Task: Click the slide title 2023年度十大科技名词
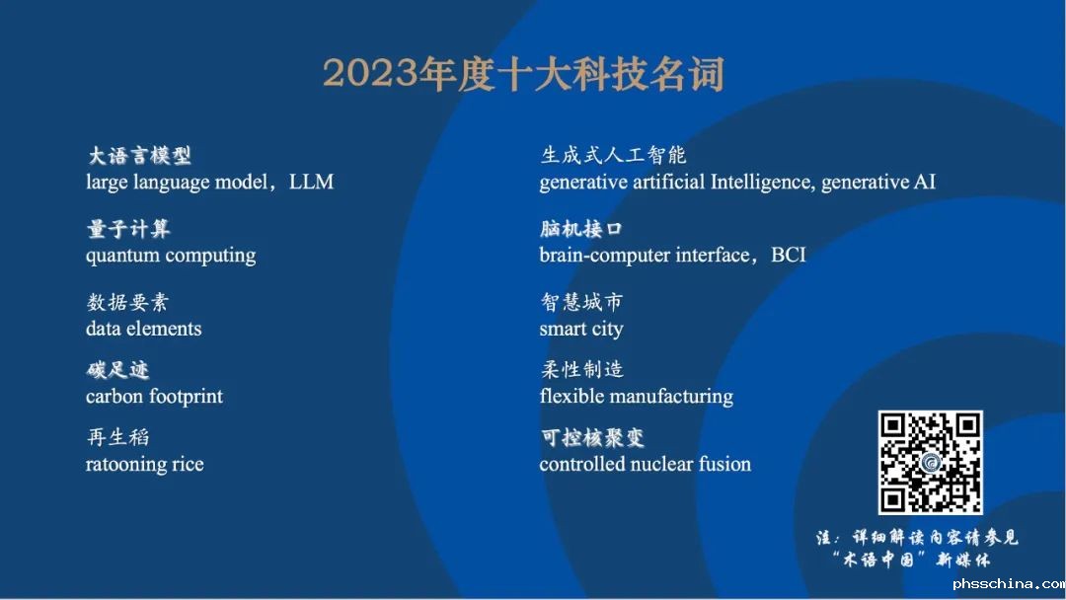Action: coord(523,73)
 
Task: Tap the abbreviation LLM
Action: coord(311,183)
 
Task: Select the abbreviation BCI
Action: coord(789,255)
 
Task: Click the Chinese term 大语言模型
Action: coord(139,156)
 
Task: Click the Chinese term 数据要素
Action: coord(127,302)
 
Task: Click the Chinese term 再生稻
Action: coord(117,437)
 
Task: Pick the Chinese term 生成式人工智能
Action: coord(613,155)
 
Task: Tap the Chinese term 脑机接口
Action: coord(581,229)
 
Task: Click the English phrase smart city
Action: coord(581,329)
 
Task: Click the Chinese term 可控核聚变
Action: coord(592,437)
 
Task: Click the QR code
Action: coord(930,462)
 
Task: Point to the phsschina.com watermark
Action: coord(1009,583)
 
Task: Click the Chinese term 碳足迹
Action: coord(117,370)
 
